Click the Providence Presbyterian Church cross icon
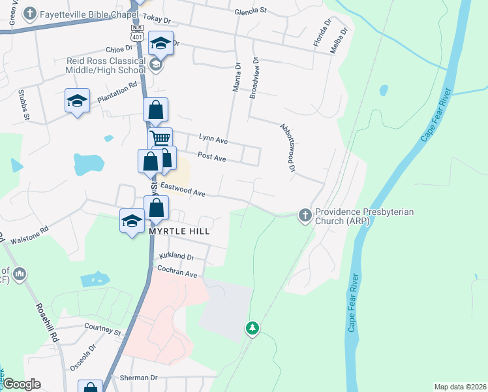305,214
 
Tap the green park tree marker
252,327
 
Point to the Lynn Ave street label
213,140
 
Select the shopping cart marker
160,139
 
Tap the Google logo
21,384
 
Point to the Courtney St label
103,331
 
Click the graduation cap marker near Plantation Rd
77,101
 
